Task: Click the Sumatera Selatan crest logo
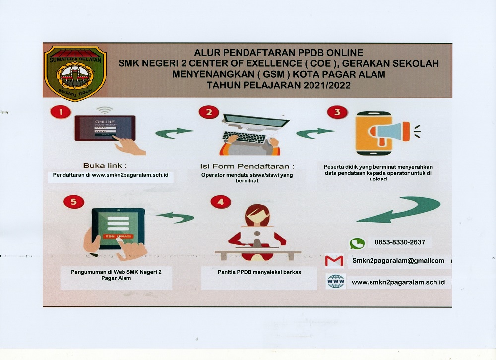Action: (75, 72)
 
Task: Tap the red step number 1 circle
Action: (61, 112)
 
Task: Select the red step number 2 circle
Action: (209, 112)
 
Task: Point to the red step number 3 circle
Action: (337, 112)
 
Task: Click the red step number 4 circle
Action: (221, 202)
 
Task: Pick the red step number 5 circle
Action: (74, 202)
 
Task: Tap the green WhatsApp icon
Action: (357, 243)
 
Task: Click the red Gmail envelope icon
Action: (334, 261)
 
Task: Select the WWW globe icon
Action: (336, 282)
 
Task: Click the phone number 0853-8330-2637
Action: (400, 242)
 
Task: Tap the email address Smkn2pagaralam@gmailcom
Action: (398, 261)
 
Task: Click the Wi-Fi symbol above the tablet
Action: (105, 109)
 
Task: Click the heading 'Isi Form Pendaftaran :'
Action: (247, 166)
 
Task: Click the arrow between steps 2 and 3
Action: (315, 133)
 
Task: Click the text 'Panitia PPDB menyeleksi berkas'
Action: (259, 272)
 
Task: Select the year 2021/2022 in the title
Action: (322, 85)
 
